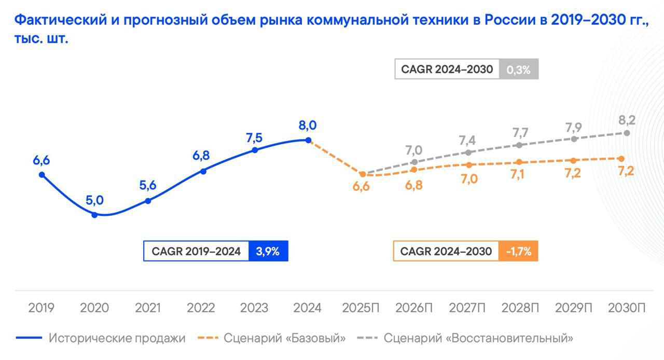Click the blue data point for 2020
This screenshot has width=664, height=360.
pyautogui.click(x=94, y=214)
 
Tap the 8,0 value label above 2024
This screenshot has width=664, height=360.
pyautogui.click(x=308, y=126)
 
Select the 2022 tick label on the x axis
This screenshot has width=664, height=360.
pyautogui.click(x=201, y=308)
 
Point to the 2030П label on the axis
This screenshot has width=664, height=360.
pyautogui.click(x=627, y=308)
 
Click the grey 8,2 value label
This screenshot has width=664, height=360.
pyautogui.click(x=627, y=120)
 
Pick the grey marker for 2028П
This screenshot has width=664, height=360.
pyautogui.click(x=519, y=145)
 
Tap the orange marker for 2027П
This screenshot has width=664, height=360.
pyautogui.click(x=469, y=165)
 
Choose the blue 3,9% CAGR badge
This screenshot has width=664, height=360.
pyautogui.click(x=268, y=252)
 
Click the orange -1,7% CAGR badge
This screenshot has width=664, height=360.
pyautogui.click(x=518, y=252)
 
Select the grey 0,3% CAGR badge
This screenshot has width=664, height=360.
pyautogui.click(x=519, y=69)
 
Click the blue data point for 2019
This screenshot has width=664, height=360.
pyautogui.click(x=41, y=175)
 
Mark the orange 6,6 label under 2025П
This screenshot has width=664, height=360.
pyautogui.click(x=361, y=187)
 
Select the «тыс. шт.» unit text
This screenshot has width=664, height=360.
pyautogui.click(x=41, y=39)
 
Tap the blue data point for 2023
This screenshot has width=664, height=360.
pyautogui.click(x=255, y=150)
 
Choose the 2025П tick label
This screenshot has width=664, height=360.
pyautogui.click(x=361, y=308)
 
